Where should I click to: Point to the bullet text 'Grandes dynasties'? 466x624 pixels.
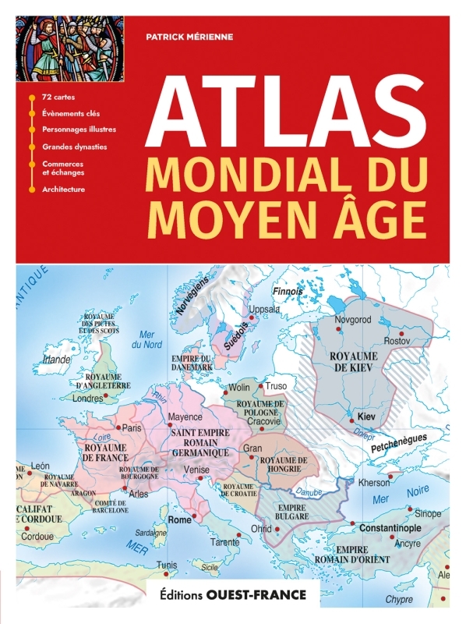coord(75,146)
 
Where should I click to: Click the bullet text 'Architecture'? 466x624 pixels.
coord(64,189)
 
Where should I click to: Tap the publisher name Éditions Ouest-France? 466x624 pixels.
coord(234,594)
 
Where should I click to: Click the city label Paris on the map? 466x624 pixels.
coord(132,427)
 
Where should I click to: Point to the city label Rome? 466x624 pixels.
coord(180,519)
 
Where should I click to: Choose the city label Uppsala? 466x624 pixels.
coord(263,309)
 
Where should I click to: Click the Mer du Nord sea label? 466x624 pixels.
coord(146,339)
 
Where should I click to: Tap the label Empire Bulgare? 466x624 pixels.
coord(291,510)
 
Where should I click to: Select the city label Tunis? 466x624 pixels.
coord(167,565)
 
